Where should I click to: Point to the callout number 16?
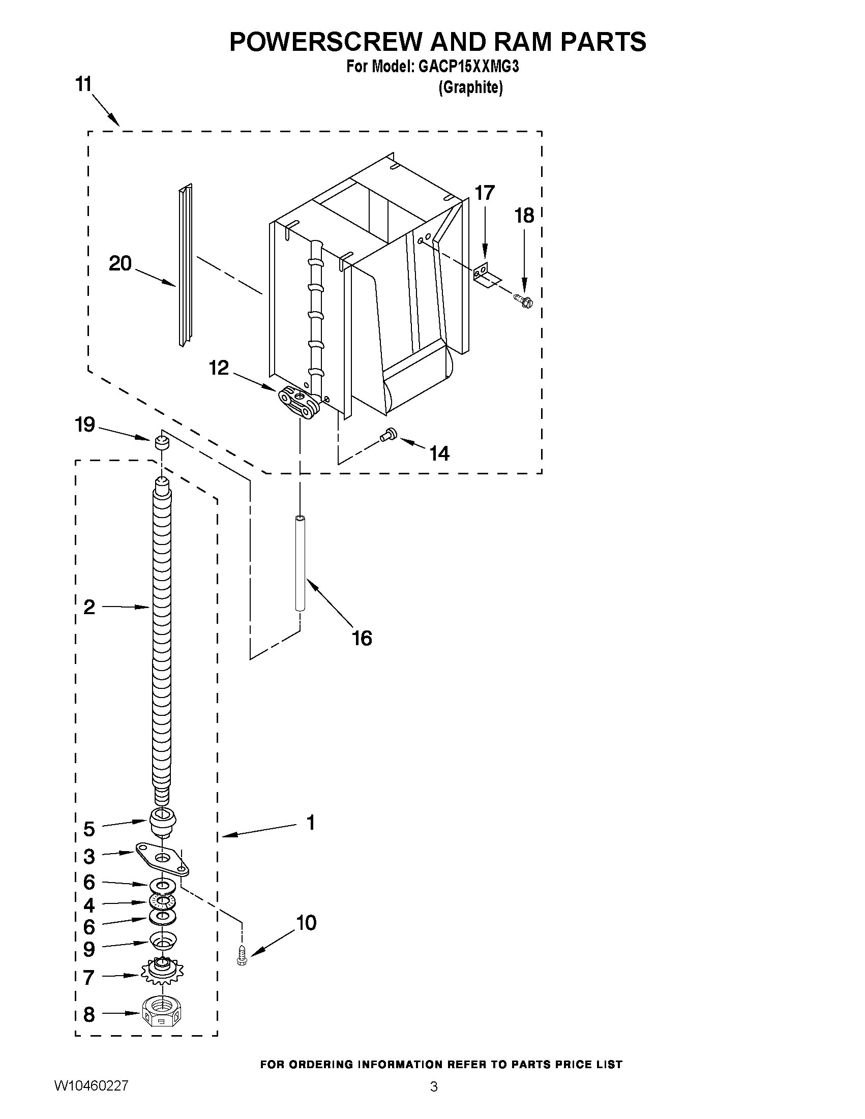point(362,639)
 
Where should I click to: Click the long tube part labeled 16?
point(300,564)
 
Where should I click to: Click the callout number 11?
point(83,84)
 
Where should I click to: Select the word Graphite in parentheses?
point(470,87)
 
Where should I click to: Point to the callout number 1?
point(310,823)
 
